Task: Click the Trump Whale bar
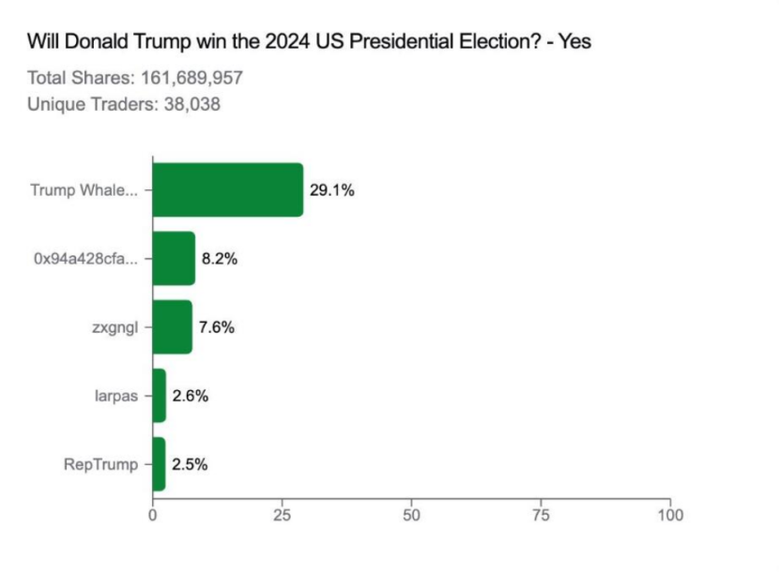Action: tap(227, 189)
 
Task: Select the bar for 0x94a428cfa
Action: tap(174, 259)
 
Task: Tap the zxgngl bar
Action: tap(172, 327)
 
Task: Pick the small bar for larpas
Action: tap(159, 396)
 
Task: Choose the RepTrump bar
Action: tap(159, 464)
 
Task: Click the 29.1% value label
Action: tap(331, 190)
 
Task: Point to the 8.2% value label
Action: tap(220, 259)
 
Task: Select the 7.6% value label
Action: tap(216, 327)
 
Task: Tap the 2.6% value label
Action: tap(190, 396)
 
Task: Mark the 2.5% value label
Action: tap(189, 464)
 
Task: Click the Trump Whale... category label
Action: tap(84, 190)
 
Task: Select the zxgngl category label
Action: tap(115, 327)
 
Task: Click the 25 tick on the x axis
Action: tap(282, 515)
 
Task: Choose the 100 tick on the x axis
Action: tap(670, 515)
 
